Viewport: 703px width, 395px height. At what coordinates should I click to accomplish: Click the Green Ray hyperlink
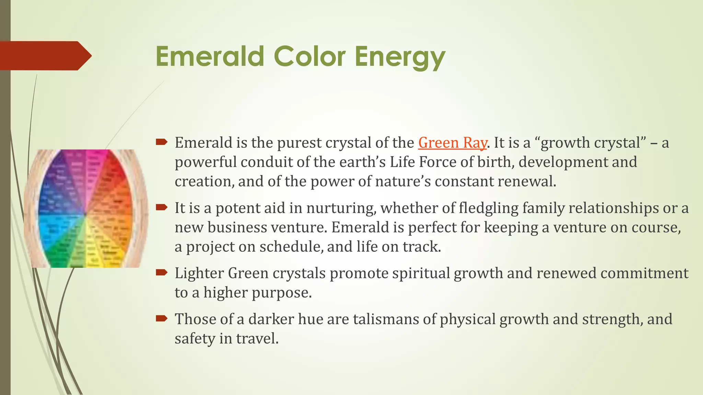[x=452, y=143]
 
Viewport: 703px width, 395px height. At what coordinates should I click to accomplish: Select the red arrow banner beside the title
[x=45, y=56]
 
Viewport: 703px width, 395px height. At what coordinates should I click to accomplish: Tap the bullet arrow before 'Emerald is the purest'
[x=161, y=142]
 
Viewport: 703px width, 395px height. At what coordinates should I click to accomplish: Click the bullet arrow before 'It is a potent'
[x=161, y=207]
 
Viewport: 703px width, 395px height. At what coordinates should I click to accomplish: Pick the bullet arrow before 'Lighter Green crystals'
[x=161, y=272]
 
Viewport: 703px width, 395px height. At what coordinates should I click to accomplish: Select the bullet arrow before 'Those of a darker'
[x=161, y=318]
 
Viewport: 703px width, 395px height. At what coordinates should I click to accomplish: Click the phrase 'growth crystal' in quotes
[x=590, y=143]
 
